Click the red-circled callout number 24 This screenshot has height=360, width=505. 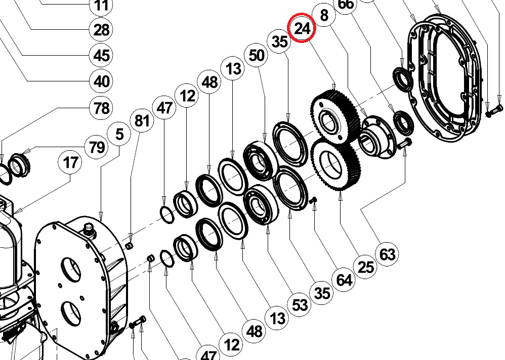pyautogui.click(x=302, y=28)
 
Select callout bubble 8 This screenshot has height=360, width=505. pyautogui.click(x=324, y=15)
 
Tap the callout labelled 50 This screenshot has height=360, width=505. pyautogui.click(x=257, y=55)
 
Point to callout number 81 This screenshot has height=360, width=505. pyautogui.click(x=142, y=121)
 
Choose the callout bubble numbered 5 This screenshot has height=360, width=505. pyautogui.click(x=119, y=134)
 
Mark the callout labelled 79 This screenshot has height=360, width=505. pyautogui.click(x=97, y=147)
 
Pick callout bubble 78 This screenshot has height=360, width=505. pyautogui.click(x=101, y=108)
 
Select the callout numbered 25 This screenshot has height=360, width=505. pyautogui.click(x=366, y=267)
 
